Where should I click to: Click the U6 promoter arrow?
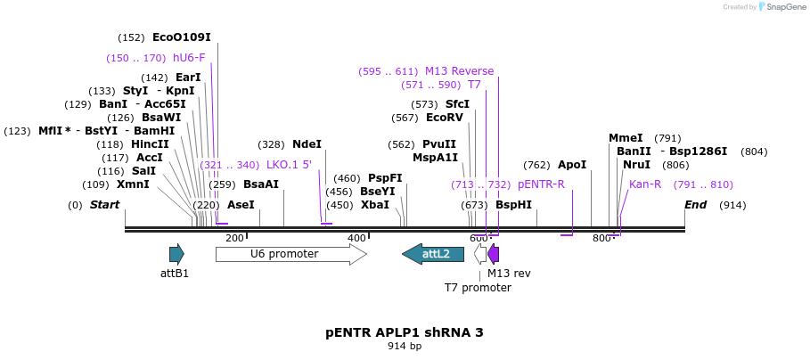(x=290, y=254)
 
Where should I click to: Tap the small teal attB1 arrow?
(x=176, y=254)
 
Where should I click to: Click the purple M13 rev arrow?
(x=494, y=254)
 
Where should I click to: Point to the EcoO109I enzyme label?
(x=181, y=37)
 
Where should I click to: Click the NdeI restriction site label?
(x=307, y=144)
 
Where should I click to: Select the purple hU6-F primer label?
(x=188, y=58)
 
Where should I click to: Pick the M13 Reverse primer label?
(x=459, y=71)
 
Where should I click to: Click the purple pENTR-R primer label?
(x=541, y=184)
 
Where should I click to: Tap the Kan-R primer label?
(x=645, y=184)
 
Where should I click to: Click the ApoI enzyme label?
(x=572, y=165)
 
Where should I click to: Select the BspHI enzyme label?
(x=513, y=205)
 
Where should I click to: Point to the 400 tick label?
(x=356, y=238)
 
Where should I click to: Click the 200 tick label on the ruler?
(x=234, y=238)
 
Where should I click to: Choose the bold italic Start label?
(x=104, y=205)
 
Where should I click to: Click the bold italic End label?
(x=695, y=205)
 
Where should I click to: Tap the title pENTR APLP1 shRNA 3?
(x=405, y=332)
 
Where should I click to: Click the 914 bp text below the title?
(x=405, y=346)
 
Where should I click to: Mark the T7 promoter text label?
(x=478, y=288)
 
